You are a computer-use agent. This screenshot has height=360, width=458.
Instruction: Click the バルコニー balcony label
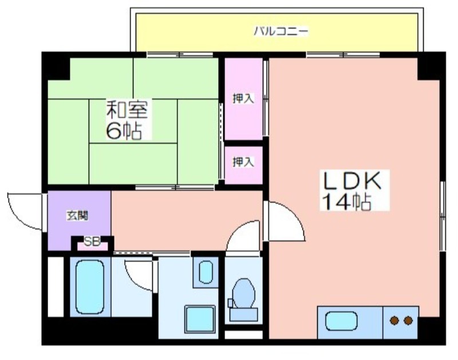coord(281,31)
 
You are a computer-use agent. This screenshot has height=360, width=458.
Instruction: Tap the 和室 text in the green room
coord(127,109)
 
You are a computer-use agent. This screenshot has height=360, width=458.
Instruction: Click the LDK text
coord(352,181)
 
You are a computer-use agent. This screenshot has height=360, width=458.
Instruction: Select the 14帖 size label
coord(346,201)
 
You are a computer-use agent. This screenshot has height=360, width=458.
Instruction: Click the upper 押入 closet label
coord(243,98)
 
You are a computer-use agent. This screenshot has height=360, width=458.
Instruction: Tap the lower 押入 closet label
coord(243,162)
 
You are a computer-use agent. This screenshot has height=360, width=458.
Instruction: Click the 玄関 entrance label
coord(77,216)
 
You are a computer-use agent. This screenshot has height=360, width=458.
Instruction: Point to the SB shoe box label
coord(92,242)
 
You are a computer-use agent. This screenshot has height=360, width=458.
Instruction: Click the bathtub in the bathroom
coord(90,287)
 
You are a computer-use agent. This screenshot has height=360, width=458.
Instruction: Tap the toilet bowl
coord(244,294)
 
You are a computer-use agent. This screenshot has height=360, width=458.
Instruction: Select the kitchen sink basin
coord(341,321)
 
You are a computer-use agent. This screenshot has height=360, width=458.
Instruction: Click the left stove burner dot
coord(394,321)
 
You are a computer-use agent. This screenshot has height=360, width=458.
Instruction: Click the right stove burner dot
coord(408,321)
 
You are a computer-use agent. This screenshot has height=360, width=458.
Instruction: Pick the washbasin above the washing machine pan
coord(206,272)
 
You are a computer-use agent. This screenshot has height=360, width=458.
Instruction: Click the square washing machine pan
coord(200,319)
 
